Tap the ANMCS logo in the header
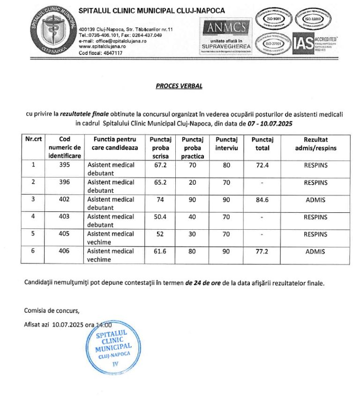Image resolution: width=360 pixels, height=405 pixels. click(226, 35)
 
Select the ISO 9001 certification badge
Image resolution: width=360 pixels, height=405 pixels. click(273, 19)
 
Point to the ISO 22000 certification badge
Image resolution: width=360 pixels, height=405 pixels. click(312, 19)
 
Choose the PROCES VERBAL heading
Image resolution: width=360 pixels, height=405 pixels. click(180, 86)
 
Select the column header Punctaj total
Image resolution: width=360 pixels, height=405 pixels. click(262, 143)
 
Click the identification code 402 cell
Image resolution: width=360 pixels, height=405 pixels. click(65, 199)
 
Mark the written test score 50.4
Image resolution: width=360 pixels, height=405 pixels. click(160, 217)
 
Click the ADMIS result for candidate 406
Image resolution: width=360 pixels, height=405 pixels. click(315, 252)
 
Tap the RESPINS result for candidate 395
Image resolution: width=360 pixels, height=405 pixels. click(315, 165)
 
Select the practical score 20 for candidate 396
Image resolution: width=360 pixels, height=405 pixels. click(192, 182)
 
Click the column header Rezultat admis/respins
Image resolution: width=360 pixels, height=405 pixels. click(315, 143)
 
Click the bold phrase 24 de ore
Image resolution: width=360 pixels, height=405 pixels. click(202, 283)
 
